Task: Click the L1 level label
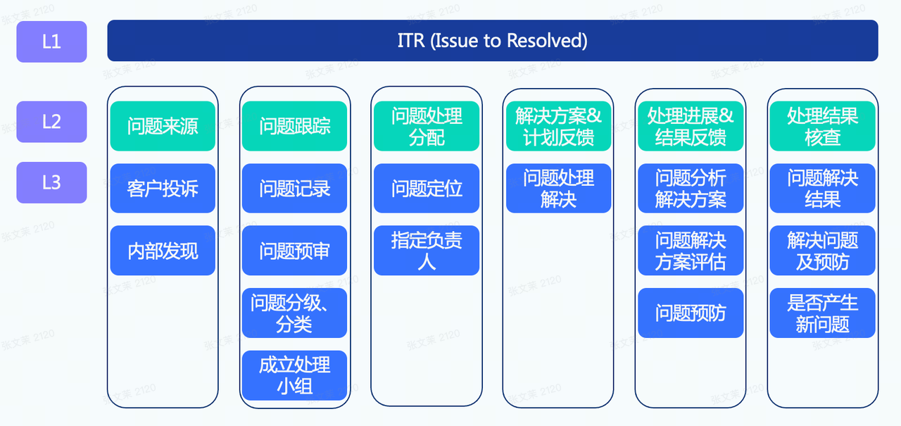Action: coord(51,42)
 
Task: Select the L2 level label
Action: coord(51,122)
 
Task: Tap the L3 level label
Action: coord(51,182)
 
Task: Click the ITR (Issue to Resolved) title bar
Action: coord(492,41)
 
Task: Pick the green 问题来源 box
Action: coord(163,127)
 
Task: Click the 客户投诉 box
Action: coord(163,189)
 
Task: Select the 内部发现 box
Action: coord(163,251)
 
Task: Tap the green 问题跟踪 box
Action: coord(294,127)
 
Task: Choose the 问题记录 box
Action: coord(294,189)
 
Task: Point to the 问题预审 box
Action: coord(294,251)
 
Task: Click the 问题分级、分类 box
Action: coord(294,313)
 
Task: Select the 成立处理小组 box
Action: coord(294,375)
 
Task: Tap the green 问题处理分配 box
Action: coord(427,127)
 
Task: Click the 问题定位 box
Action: coord(427,189)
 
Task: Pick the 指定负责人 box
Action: coord(427,251)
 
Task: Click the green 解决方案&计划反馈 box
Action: coord(558,127)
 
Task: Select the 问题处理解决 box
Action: coord(558,189)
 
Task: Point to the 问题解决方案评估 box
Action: coord(691,251)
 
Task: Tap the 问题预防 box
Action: coord(691,313)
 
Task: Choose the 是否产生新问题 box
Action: coord(822,313)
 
